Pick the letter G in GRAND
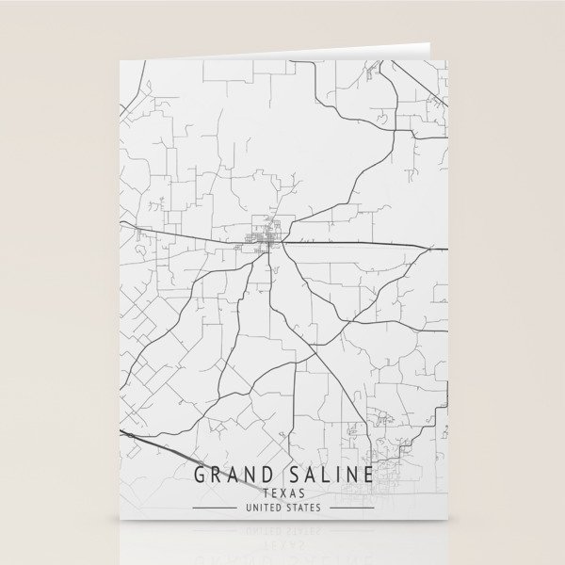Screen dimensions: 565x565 coord(201,474)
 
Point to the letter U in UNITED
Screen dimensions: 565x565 coord(248,508)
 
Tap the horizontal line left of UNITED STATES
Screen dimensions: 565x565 coord(215,508)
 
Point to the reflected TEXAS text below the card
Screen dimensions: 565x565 coord(283,544)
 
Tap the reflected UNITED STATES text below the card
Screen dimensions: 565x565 coord(282,531)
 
